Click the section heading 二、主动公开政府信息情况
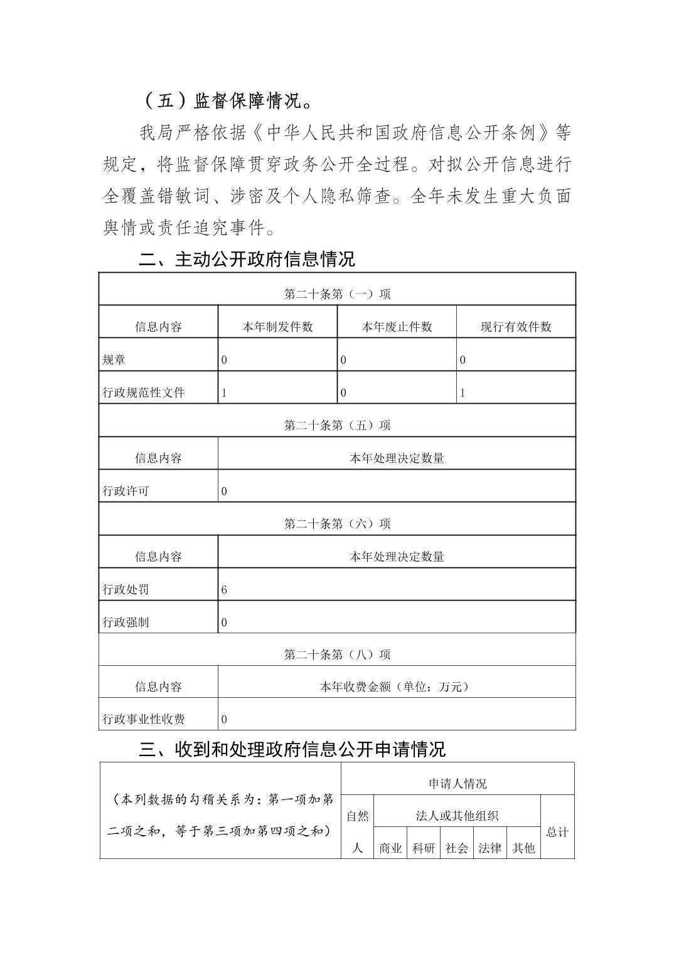pyautogui.click(x=247, y=259)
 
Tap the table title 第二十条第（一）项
pyautogui.click(x=337, y=294)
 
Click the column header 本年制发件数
pyautogui.click(x=277, y=327)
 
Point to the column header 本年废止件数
pyautogui.click(x=397, y=327)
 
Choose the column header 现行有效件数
pyautogui.click(x=516, y=327)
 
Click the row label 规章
pyautogui.click(x=114, y=360)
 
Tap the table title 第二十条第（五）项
pyautogui.click(x=337, y=425)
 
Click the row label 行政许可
pyautogui.click(x=126, y=491)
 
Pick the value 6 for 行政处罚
pyautogui.click(x=224, y=589)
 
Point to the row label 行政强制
pyautogui.click(x=126, y=623)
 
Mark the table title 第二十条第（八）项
pyautogui.click(x=337, y=655)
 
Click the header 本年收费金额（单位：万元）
pyautogui.click(x=396, y=687)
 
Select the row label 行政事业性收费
pyautogui.click(x=144, y=719)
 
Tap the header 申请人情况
pyautogui.click(x=457, y=784)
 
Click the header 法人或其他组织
pyautogui.click(x=457, y=816)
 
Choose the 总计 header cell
pyautogui.click(x=557, y=832)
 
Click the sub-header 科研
pyautogui.click(x=424, y=848)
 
